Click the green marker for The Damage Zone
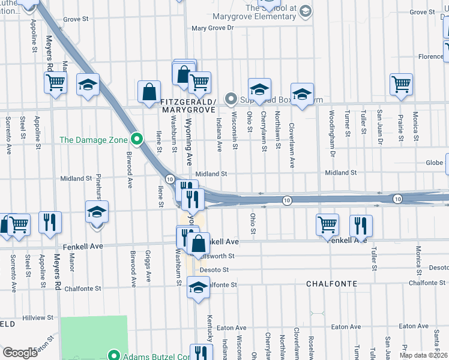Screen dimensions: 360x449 (137, 140)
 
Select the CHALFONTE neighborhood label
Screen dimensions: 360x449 (332, 283)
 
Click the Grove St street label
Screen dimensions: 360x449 (76, 19)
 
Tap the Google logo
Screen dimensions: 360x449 (20, 353)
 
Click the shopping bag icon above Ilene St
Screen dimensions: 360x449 (149, 92)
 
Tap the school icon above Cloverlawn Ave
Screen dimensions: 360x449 (303, 94)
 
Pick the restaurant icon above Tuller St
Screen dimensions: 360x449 (361, 225)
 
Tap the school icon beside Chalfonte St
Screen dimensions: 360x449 (198, 287)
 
